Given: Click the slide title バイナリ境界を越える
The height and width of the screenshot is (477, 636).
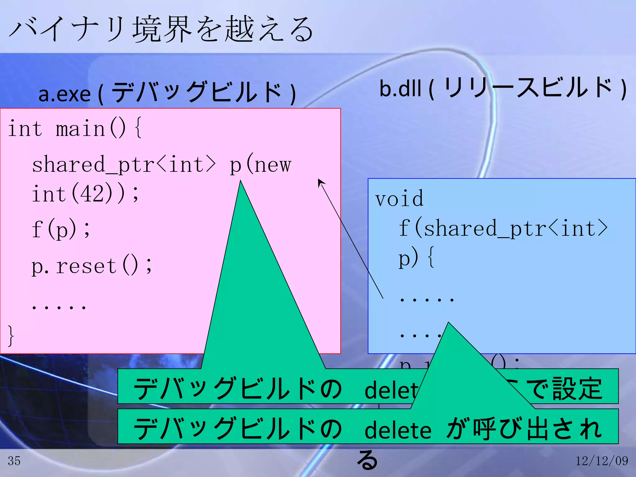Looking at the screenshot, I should click(161, 30).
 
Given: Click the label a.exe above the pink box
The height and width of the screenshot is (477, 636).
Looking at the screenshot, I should click(64, 94).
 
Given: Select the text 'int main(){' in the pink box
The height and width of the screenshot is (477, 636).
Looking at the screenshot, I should click(75, 128).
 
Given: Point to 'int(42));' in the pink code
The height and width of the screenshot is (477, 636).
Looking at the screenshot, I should click(85, 194).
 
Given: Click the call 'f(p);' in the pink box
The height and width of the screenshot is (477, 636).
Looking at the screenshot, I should click(61, 229).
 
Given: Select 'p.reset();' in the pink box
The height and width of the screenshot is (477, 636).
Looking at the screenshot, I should click(92, 266).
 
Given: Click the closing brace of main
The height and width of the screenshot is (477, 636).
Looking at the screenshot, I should click(11, 335).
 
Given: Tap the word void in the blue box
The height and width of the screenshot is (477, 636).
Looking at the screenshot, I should click(399, 198).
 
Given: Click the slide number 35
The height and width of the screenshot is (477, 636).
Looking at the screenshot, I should click(14, 461).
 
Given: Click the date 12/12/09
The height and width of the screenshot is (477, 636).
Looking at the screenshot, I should click(602, 461).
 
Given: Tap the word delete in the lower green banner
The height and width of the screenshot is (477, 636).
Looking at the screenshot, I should click(398, 430).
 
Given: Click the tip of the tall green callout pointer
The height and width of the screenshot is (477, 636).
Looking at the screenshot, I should click(241, 182).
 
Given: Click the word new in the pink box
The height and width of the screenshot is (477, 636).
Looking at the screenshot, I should click(273, 165).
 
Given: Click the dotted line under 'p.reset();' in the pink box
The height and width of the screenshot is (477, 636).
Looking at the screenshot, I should click(59, 307).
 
